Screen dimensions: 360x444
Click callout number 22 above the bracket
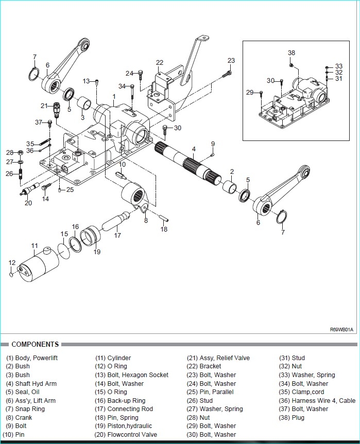coord(160,62)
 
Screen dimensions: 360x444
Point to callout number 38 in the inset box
coord(292,52)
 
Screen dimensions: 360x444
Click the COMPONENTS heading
coord(35,344)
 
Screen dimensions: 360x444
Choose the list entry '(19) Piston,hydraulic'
coord(123,426)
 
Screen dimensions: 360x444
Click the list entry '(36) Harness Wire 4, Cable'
coord(317,400)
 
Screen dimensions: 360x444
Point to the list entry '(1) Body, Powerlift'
coord(32,358)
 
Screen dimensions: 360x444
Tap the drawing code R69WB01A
coord(341,330)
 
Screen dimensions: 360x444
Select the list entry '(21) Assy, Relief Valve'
coord(218,358)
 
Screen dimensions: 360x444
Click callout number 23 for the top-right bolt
coord(231,60)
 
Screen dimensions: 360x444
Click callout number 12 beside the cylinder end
coord(12,263)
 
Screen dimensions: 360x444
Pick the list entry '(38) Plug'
coord(292,417)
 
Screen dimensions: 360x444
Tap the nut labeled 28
coord(21,153)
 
